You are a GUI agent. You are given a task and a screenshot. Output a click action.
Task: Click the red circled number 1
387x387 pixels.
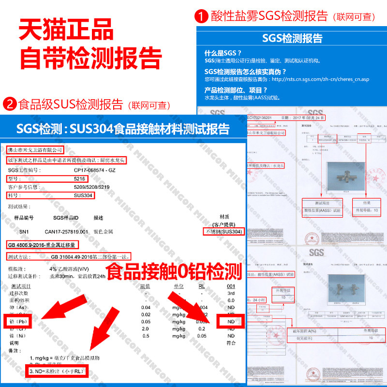(x=202, y=16)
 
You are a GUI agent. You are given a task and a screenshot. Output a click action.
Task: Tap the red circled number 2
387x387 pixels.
(x=10, y=104)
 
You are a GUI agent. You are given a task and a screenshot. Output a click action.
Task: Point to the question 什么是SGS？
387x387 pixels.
(x=223, y=53)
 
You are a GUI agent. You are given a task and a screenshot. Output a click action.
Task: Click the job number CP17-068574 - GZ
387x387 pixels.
(x=95, y=170)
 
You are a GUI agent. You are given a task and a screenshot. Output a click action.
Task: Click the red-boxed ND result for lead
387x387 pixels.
(x=231, y=322)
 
